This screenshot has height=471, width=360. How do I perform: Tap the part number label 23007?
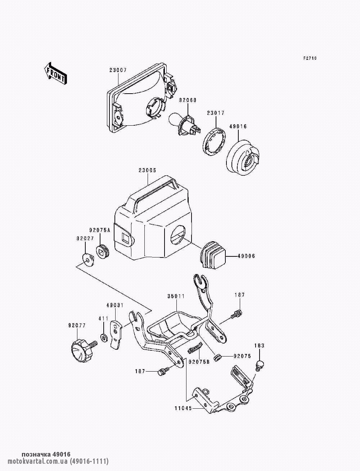[x=118, y=70]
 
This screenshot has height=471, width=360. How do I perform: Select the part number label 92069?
[x=188, y=100]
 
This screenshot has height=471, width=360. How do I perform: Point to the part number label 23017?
[x=215, y=113]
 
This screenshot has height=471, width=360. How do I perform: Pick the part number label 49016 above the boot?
[x=238, y=126]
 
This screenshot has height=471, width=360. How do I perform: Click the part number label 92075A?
[x=99, y=229]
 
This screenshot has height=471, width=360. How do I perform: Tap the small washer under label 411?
[x=104, y=338]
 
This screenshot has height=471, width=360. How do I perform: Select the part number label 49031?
[x=115, y=305]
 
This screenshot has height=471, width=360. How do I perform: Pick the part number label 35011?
[x=176, y=296]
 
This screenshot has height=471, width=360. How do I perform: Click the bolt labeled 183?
[x=259, y=364]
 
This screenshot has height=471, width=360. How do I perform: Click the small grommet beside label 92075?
[x=217, y=357]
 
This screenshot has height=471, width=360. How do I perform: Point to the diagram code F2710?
[x=310, y=58]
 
